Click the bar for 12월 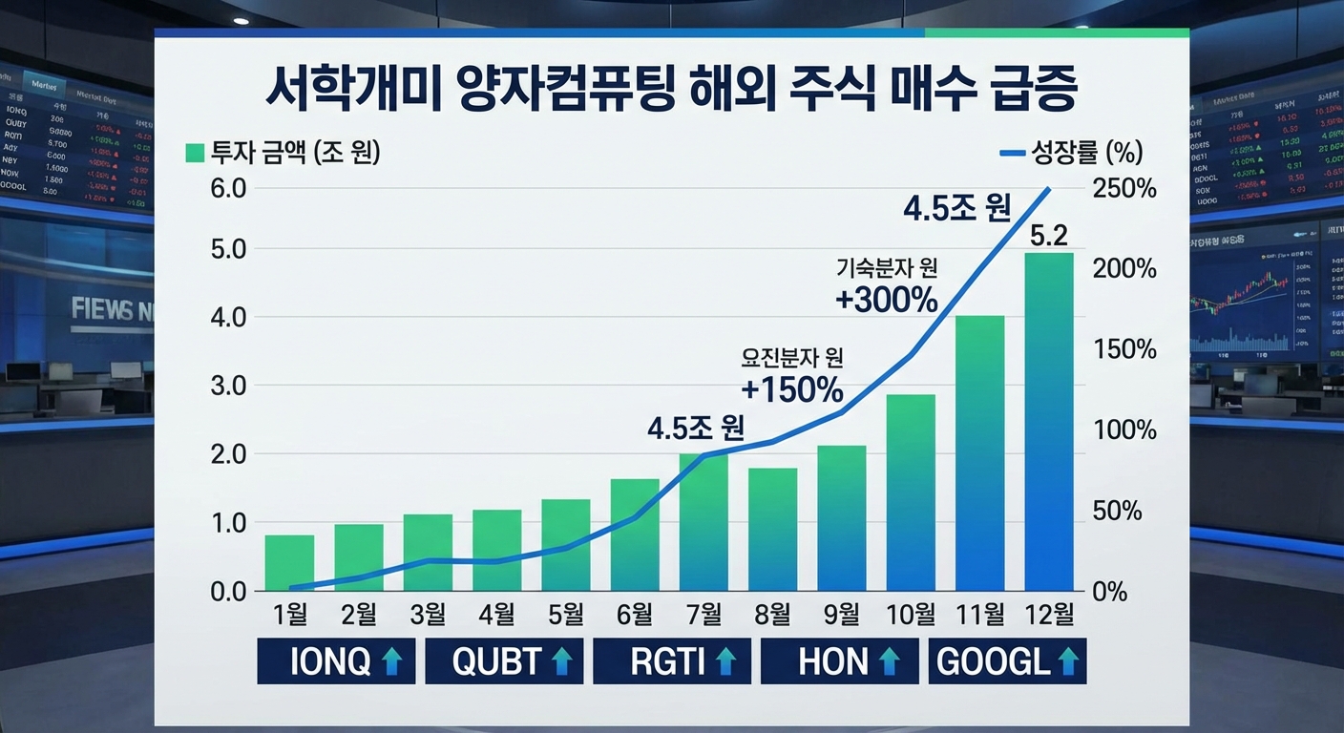point(1048,422)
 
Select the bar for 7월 point(703,522)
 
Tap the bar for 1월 point(289,563)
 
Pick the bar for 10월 point(911,492)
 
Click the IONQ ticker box point(336,661)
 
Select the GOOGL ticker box point(1007,661)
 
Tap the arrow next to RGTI point(726,661)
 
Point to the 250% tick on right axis point(1124,188)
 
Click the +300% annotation point(887,301)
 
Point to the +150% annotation point(792,389)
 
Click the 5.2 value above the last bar point(1048,234)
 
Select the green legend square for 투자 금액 point(195,153)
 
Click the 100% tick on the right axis point(1124,430)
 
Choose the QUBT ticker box point(504,661)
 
